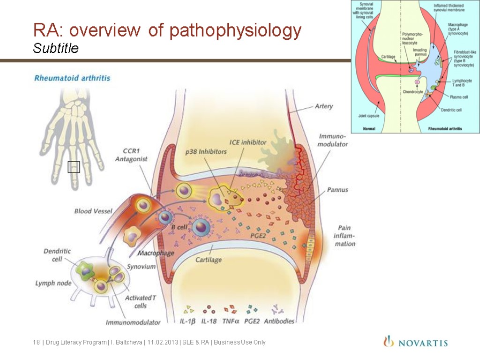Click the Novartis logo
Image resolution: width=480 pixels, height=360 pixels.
tap(415, 342)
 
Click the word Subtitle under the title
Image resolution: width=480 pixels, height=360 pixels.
tap(56, 48)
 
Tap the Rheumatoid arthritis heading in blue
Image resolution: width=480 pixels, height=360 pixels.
tap(72, 78)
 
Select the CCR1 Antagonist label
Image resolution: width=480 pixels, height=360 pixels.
tap(131, 155)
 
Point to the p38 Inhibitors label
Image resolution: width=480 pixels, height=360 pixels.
tap(206, 151)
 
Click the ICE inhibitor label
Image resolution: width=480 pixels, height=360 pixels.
tap(248, 142)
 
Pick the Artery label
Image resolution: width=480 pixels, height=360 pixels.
tap(323, 106)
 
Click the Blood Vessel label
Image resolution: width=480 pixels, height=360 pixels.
tap(93, 211)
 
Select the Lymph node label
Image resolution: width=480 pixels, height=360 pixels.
tap(52, 283)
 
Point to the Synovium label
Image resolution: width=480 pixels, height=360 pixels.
tap(142, 266)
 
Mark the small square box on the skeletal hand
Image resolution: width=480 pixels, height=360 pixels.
tap(74, 167)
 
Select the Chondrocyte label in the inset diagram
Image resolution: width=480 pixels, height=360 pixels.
tap(412, 92)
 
